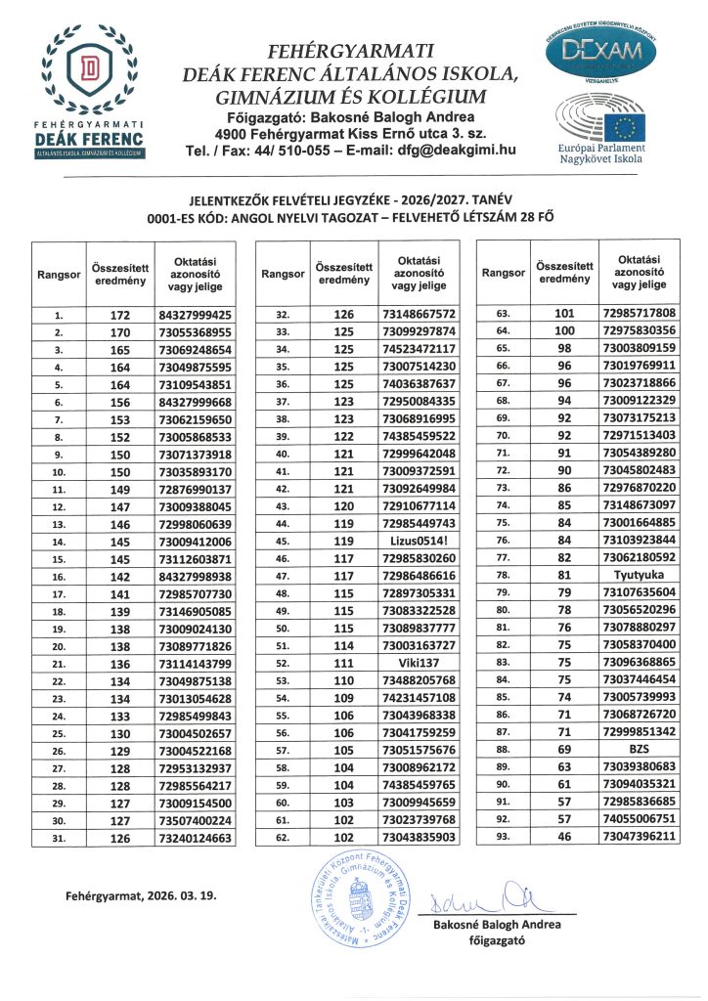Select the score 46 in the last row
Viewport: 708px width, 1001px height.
pyautogui.click(x=564, y=838)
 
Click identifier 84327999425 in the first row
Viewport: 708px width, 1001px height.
pyautogui.click(x=195, y=315)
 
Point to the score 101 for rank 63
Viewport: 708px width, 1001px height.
pyautogui.click(x=564, y=313)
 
